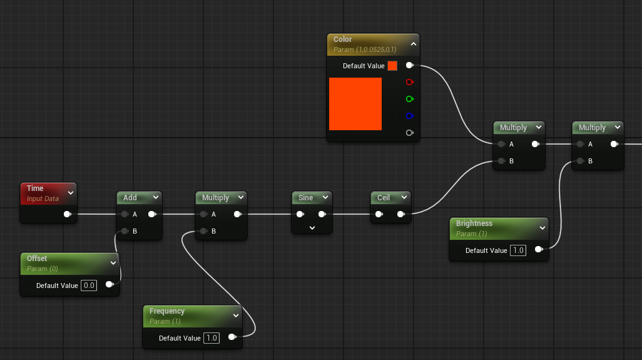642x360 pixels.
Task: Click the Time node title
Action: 35,188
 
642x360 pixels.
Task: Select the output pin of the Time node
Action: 68,214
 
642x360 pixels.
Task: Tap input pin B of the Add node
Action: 125,231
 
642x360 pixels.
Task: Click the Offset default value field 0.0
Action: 89,285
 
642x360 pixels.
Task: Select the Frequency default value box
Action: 211,338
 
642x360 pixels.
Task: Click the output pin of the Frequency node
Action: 232,337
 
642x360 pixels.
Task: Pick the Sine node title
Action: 305,197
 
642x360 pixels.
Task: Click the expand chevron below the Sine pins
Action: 312,228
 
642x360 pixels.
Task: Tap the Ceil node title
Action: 383,197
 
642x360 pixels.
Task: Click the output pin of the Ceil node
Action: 401,214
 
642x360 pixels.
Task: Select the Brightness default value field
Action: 518,250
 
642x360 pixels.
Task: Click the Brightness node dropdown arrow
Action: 542,228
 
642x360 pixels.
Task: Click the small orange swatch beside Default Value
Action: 392,66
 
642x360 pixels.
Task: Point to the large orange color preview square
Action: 355,104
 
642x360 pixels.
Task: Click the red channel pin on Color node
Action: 409,82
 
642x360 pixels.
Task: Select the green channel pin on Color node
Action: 409,99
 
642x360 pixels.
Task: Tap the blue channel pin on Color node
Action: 409,116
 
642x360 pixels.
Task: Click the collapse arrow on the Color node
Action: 414,44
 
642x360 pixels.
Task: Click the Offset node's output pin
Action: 110,284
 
